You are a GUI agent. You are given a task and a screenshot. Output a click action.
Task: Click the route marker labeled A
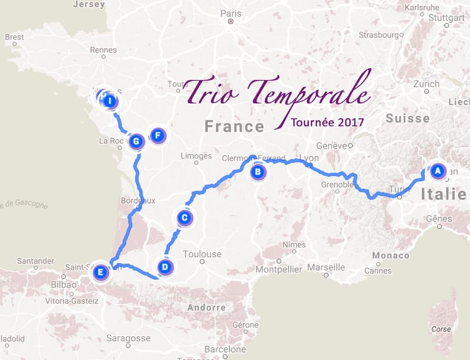pyautogui.click(x=437, y=171)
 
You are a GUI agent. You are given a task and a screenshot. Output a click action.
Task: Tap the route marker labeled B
pyautogui.click(x=257, y=172)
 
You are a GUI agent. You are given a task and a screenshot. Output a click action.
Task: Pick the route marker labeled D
pyautogui.click(x=165, y=267)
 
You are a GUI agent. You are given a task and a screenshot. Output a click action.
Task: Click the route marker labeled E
pyautogui.click(x=101, y=272)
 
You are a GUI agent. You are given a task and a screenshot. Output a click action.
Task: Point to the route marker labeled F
pyautogui.click(x=157, y=136)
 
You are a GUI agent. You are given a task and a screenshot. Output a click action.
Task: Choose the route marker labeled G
pyautogui.click(x=136, y=141)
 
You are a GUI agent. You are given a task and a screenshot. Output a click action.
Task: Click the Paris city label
pyautogui.click(x=231, y=14)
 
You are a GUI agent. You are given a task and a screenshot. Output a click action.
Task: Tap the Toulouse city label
pyautogui.click(x=202, y=254)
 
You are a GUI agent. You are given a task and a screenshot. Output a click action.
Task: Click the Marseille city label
pyautogui.click(x=326, y=267)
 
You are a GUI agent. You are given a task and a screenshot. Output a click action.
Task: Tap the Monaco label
pyautogui.click(x=391, y=255)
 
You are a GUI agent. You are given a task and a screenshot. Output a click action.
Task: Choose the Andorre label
pyautogui.click(x=206, y=307)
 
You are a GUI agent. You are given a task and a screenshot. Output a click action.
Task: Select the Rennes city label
pyautogui.click(x=103, y=51)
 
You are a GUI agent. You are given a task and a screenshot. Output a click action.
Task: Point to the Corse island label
pyautogui.click(x=441, y=329)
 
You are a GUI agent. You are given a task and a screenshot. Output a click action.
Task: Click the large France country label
pyautogui.click(x=234, y=126)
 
